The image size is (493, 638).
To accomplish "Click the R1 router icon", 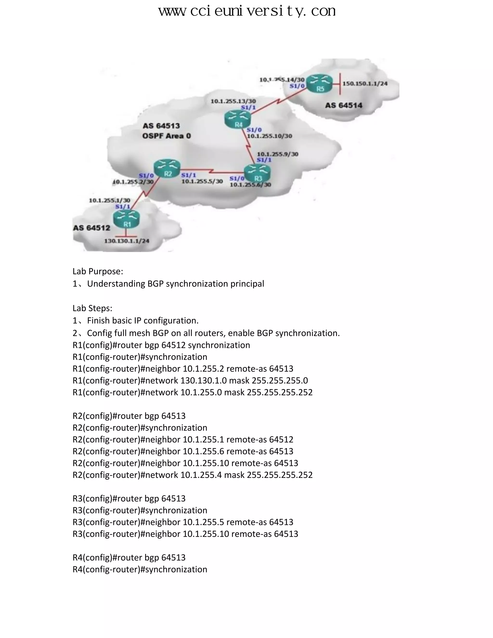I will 126,219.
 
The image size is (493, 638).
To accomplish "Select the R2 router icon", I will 167,169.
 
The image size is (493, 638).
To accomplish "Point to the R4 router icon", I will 238,119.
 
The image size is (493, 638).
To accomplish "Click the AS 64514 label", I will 344,105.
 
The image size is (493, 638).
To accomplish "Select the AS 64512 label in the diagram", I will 91,228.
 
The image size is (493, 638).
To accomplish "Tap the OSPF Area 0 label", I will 167,136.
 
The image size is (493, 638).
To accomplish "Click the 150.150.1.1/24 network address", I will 365,84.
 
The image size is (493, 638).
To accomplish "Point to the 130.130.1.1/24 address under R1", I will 127,241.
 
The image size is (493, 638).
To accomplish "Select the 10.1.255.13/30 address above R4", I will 233,101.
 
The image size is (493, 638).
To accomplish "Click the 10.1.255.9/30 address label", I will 278,154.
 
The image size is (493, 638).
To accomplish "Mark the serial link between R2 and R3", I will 212,171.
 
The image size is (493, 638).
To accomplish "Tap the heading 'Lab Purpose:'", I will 98,271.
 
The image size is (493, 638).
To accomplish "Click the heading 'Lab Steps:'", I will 92,308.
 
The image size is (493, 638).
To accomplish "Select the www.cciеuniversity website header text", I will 247,12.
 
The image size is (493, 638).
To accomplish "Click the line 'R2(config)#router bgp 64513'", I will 129,416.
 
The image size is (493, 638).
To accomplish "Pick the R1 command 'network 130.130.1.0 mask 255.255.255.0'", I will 190,380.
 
